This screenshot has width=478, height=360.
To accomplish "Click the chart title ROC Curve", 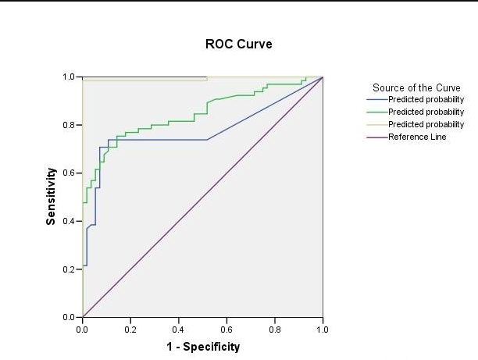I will (x=239, y=45).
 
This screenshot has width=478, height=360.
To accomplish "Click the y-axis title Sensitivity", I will (x=51, y=197).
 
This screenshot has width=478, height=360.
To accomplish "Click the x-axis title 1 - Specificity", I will (x=202, y=347).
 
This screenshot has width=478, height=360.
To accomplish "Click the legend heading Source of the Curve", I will (x=416, y=87).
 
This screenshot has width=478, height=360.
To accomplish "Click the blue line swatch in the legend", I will (x=376, y=100).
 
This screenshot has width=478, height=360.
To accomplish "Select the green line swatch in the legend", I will (x=376, y=112).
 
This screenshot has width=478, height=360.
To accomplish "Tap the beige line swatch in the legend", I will (x=376, y=124).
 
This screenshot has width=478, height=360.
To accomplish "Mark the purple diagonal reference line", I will (x=202, y=198).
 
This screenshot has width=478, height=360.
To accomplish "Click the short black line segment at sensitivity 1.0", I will (x=144, y=77).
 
